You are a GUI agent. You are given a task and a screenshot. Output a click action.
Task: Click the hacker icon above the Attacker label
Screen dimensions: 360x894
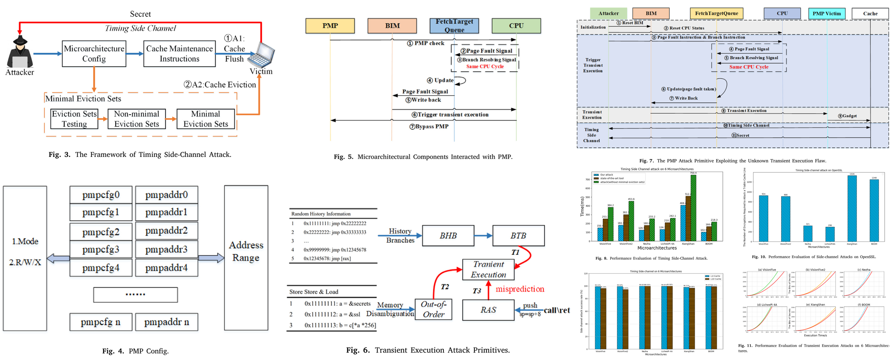(19, 52)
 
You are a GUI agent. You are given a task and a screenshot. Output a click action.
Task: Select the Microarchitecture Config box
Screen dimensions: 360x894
(94, 54)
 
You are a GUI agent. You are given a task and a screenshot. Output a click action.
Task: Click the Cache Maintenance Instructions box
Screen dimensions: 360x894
(179, 54)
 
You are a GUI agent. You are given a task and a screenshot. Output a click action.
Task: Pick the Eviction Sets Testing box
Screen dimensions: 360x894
(74, 119)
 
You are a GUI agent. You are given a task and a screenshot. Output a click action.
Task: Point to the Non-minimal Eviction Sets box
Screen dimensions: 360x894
(136, 119)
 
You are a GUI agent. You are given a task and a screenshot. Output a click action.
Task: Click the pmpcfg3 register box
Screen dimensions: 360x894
(101, 250)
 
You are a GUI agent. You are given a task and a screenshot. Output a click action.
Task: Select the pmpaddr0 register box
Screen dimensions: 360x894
(167, 195)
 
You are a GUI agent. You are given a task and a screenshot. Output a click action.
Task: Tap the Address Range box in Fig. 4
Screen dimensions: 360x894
(246, 257)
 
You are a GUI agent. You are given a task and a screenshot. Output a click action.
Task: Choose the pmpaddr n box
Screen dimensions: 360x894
(167, 322)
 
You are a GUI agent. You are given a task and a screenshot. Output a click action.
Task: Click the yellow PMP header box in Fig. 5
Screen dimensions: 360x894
(330, 26)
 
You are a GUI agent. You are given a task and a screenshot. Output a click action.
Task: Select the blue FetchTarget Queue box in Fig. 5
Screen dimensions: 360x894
(454, 26)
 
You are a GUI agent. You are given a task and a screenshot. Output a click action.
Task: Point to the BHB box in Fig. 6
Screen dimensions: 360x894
(448, 236)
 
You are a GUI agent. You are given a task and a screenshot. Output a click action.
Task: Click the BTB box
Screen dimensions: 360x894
(518, 236)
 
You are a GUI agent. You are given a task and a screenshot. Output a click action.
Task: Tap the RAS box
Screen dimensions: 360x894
(488, 310)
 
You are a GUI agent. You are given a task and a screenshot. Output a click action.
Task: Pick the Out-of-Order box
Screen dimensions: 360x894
(433, 310)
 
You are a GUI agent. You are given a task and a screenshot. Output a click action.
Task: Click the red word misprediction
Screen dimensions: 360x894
(520, 289)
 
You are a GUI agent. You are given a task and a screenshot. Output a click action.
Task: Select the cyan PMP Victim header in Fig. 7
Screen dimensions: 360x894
(826, 13)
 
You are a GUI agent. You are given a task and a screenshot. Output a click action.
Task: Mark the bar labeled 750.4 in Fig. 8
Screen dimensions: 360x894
(693, 208)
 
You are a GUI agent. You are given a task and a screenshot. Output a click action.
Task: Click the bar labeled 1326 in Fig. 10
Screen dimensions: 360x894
(852, 208)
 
